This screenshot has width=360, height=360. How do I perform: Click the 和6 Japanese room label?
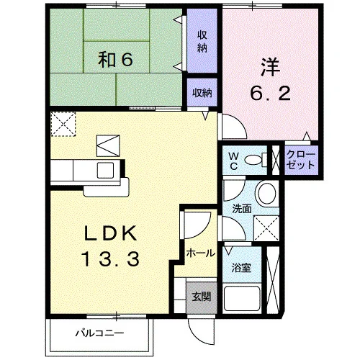115,60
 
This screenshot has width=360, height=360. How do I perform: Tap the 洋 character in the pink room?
271,67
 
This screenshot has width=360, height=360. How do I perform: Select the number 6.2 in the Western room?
271,93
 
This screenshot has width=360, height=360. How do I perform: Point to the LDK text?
110,233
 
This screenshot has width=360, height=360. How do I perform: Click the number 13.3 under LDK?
111,258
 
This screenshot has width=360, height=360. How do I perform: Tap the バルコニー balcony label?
99,333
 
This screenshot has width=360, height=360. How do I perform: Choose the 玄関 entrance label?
202,297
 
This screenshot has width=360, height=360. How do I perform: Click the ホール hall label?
201,253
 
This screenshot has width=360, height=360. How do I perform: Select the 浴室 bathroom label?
241,268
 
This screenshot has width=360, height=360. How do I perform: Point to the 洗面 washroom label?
242,209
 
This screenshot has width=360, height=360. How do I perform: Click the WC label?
234,161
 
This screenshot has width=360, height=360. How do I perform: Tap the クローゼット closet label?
301,160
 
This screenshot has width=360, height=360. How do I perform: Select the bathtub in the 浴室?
242,298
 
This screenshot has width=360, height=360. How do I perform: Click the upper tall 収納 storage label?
202,42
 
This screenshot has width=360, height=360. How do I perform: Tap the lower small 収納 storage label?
202,93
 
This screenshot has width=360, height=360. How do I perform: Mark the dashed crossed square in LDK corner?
63,125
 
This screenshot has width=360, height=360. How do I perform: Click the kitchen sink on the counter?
105,170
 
